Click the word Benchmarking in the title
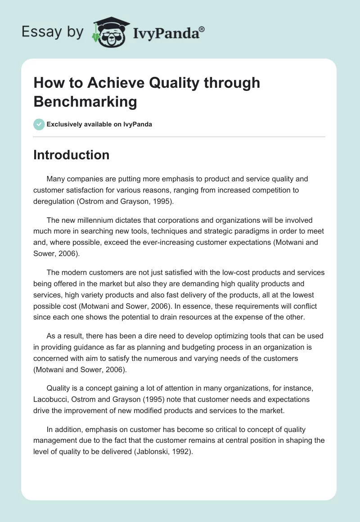(x=85, y=102)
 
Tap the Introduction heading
(x=72, y=155)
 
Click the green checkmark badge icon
(x=39, y=124)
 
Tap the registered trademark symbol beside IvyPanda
(x=202, y=29)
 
